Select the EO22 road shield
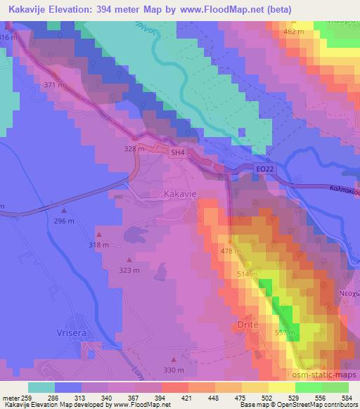(x=262, y=168)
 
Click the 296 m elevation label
(x=64, y=221)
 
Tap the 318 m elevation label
(x=98, y=245)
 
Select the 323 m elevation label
(x=129, y=269)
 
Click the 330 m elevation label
(x=173, y=370)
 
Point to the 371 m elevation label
(x=54, y=85)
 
